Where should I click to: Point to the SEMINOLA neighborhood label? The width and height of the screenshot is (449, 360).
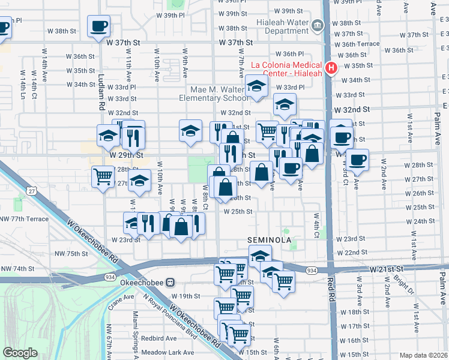270,240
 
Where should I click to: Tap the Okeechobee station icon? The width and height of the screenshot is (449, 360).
170,281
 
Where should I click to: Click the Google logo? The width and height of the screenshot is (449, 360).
20,353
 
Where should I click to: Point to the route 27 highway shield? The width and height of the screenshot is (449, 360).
31,191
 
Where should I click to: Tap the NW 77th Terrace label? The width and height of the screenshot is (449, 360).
24,219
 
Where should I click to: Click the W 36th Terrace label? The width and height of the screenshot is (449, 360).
361,44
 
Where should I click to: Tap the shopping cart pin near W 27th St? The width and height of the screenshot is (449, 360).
103,176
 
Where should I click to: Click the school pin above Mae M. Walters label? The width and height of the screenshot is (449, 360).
256,86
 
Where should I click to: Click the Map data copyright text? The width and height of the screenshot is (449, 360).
423,355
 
